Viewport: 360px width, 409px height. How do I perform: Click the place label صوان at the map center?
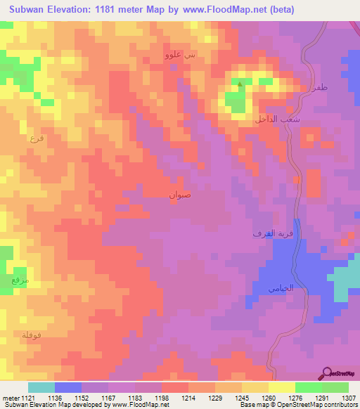point(179,195)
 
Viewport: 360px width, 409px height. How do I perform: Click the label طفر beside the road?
point(319,87)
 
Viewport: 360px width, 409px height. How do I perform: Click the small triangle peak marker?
point(240,86)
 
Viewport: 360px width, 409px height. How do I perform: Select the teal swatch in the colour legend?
point(41,387)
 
